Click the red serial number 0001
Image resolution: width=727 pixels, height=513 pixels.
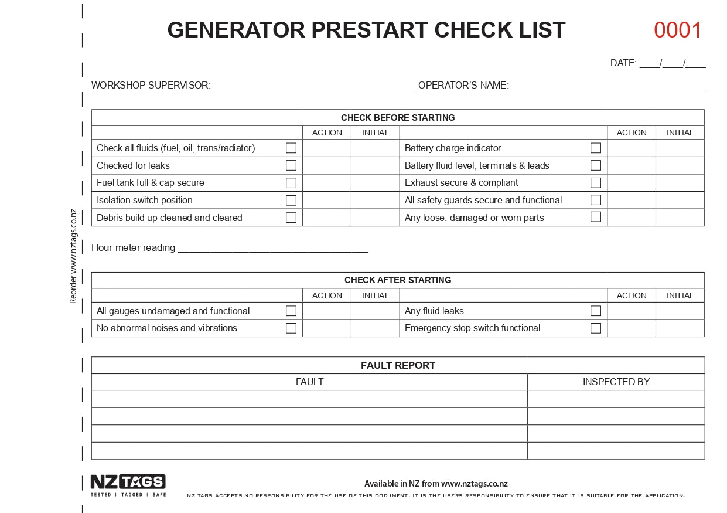pos(678,30)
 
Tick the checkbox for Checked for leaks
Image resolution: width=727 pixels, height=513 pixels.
pos(291,165)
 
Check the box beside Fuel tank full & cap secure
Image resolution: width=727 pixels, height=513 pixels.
pos(291,183)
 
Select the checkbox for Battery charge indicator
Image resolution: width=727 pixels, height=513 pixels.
pos(596,148)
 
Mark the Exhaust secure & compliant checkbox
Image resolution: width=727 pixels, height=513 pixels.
pos(596,182)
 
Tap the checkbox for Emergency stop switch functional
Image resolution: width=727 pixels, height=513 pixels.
pos(596,328)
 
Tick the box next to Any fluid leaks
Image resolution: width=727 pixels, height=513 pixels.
pos(596,311)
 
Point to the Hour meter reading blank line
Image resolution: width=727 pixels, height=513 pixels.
pos(272,248)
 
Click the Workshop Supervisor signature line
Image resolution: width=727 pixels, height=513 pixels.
pos(313,86)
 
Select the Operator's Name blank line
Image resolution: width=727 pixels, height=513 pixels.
pos(609,86)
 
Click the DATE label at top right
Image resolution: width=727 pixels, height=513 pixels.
pos(623,63)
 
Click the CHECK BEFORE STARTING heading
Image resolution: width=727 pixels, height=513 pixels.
pos(398,118)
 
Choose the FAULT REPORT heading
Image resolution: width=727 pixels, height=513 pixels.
pos(398,365)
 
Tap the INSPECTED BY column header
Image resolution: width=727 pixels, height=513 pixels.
pos(616,382)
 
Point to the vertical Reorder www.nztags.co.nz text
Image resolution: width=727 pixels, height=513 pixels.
pos(73,256)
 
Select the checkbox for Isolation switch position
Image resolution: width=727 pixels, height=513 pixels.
pos(291,201)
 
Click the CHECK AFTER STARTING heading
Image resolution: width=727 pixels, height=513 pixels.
pos(398,280)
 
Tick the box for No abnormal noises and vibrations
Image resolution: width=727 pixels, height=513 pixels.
pos(291,328)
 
